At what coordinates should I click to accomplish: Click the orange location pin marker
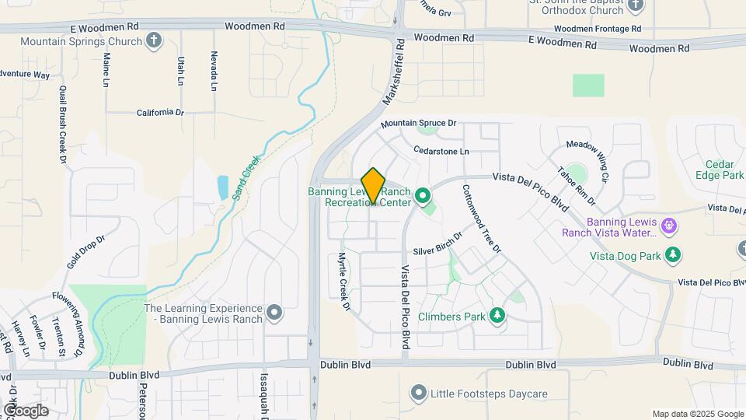[x=373, y=185]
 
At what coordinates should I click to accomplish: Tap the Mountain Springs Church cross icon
[x=154, y=41]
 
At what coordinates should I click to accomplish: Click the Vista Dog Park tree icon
[x=674, y=254]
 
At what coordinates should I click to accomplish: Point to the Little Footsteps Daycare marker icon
[x=420, y=394]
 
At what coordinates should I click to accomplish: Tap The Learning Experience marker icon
[x=274, y=313]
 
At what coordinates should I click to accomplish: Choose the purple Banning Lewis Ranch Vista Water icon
[x=670, y=226]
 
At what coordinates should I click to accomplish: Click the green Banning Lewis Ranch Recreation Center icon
[x=424, y=197]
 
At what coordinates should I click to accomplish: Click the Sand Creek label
[x=247, y=177]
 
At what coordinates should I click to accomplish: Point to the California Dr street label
[x=160, y=113]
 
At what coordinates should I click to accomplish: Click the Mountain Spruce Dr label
[x=417, y=124]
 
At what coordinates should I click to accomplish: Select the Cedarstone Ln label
[x=441, y=150]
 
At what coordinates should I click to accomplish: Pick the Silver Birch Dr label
[x=438, y=243]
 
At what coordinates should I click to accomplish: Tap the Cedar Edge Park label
[x=725, y=170]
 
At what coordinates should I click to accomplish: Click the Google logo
[x=26, y=410]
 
